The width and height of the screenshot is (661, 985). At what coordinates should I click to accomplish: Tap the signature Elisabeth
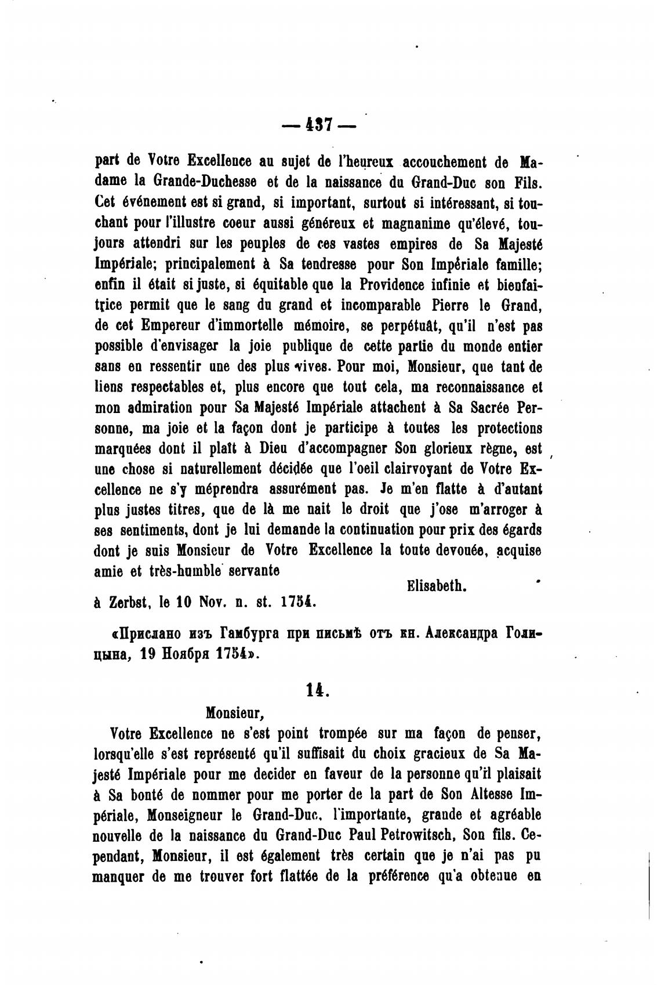click(437, 586)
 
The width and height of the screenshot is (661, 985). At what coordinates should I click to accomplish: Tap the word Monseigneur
click(183, 814)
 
